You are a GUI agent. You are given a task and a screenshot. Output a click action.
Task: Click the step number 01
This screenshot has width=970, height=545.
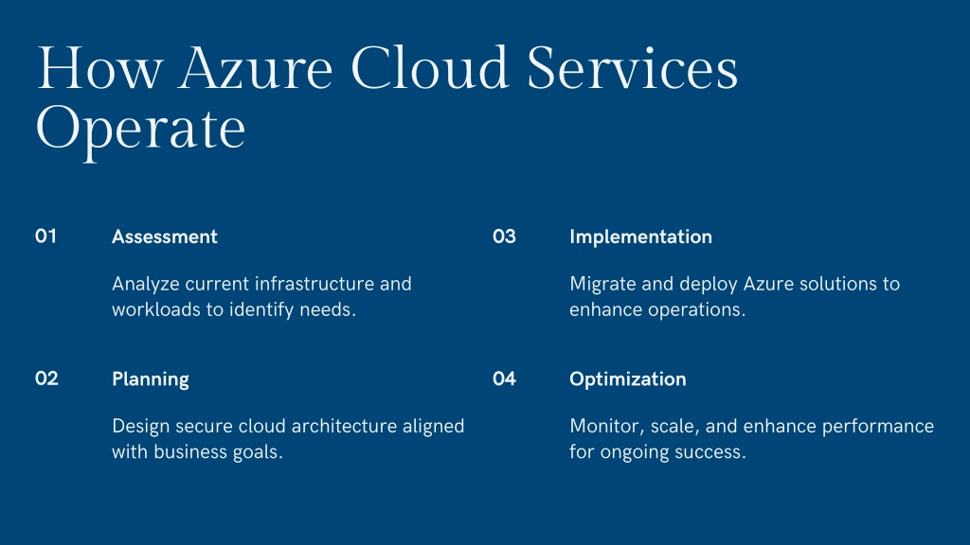coord(45,236)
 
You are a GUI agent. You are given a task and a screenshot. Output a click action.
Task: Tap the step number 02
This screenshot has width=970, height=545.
coord(46,378)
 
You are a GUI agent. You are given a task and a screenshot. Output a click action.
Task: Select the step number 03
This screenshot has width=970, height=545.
coord(504,236)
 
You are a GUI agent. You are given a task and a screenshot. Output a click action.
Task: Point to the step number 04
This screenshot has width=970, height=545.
coord(504,378)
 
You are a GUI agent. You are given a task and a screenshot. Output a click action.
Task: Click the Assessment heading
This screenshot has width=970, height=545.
coord(165,237)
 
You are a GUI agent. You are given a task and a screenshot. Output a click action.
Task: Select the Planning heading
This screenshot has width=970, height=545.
coord(151,379)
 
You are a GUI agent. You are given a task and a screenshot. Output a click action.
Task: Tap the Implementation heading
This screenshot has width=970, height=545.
coord(641,237)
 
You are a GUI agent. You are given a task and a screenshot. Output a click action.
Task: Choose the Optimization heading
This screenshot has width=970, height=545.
coord(628,379)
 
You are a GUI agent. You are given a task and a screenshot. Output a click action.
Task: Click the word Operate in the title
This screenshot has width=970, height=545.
coord(141,130)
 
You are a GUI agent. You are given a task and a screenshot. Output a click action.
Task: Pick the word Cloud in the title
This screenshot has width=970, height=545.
coord(430,67)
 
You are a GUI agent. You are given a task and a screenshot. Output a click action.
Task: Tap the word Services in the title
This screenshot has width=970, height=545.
coord(632,67)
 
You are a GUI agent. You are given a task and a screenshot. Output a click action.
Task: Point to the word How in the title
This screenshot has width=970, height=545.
coord(99,67)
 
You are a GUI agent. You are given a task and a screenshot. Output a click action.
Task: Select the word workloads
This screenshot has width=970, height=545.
coord(156,309)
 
